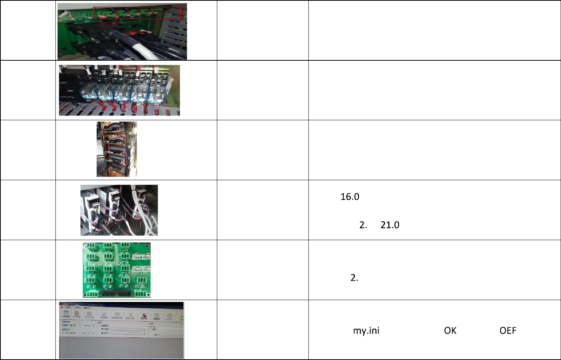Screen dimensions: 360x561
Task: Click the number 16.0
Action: point(350,197)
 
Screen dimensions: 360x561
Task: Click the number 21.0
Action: point(390,225)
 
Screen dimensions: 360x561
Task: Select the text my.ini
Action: point(366,331)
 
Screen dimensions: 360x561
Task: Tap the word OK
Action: point(450,331)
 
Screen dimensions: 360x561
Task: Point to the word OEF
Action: point(507,331)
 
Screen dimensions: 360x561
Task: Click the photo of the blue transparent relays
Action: point(119,90)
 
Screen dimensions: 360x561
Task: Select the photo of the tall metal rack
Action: point(116,149)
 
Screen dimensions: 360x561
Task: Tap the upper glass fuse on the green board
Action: point(141,257)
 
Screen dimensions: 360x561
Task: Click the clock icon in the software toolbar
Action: point(169,316)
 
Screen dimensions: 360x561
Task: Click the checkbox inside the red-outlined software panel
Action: point(99,325)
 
